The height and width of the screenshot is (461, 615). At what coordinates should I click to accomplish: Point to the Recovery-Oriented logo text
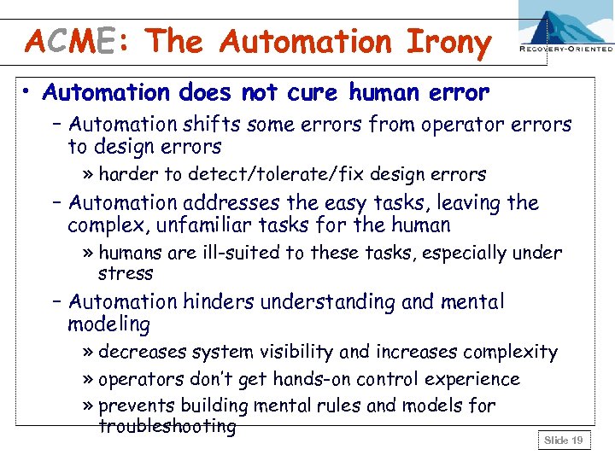[565, 50]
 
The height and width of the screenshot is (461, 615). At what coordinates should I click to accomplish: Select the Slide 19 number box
[564, 440]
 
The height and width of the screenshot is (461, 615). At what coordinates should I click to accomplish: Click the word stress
[126, 274]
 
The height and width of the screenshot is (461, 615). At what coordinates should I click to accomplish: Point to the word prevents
[135, 406]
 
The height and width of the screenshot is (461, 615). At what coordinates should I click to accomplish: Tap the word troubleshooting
[167, 426]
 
